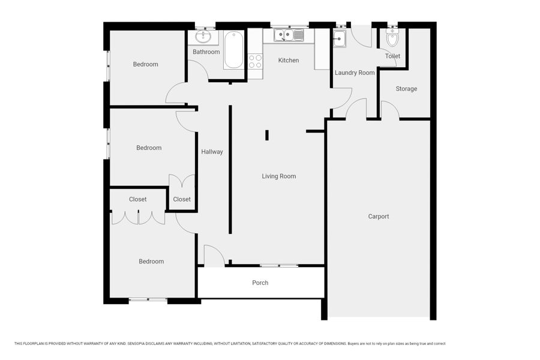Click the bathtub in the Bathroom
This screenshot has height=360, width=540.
(233, 50)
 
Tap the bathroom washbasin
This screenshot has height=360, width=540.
(203, 37)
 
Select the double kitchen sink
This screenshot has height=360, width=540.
(289, 35)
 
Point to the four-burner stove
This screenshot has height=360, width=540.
(255, 62)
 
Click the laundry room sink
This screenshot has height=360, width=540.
(339, 38)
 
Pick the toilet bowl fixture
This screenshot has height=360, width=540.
(392, 38)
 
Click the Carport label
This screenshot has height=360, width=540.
(379, 217)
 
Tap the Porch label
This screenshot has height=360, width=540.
(260, 283)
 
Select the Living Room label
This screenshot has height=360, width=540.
(279, 176)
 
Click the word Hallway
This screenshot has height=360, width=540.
(212, 152)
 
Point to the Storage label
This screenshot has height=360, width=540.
(406, 89)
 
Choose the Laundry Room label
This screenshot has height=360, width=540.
(355, 73)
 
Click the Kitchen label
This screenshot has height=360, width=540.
(289, 60)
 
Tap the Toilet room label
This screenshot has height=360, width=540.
(392, 56)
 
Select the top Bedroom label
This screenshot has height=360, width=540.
(146, 64)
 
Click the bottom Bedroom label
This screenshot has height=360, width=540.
(151, 262)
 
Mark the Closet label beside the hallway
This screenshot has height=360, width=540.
(182, 199)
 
